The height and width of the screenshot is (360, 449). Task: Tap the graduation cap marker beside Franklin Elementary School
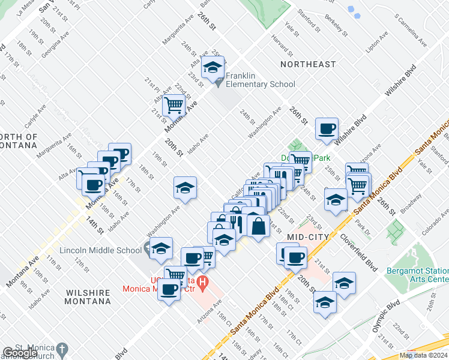point(212,69)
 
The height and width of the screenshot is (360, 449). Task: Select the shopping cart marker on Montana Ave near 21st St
point(174,105)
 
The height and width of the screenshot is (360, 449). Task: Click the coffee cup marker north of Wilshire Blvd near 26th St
point(327,129)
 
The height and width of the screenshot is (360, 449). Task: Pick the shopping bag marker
point(258,227)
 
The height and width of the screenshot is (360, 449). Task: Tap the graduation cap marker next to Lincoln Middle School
point(161,248)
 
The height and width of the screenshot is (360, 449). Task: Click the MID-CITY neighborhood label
point(307,237)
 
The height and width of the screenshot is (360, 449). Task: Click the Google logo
point(20,353)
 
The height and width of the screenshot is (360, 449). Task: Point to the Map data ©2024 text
point(423,355)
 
